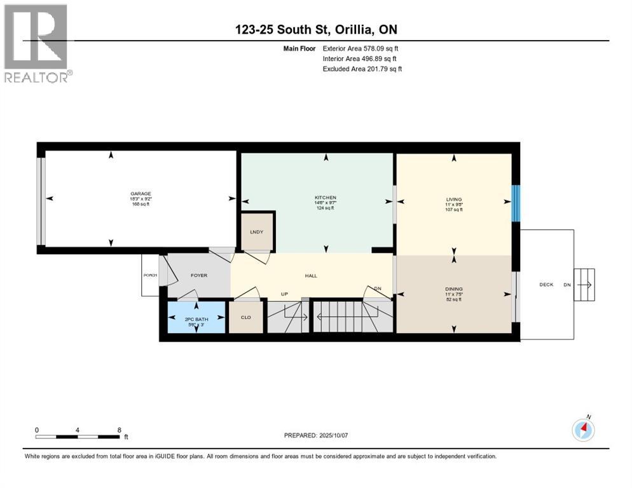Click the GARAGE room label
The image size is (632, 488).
point(141,194)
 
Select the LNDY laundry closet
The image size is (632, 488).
point(258,232)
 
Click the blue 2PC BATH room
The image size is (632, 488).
point(196,318)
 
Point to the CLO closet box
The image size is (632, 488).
point(245,316)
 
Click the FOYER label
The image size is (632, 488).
point(199,276)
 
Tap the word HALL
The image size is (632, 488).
point(311,276)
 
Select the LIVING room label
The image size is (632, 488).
point(453,200)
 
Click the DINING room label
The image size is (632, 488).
point(453,289)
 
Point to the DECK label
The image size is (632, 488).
point(546,285)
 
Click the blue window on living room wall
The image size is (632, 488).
point(516,203)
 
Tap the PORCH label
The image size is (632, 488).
point(149,275)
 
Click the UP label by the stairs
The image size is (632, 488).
point(285,294)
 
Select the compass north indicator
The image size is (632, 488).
point(583,430)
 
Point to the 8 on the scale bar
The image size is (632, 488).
point(119,430)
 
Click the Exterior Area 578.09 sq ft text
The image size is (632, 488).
point(361,48)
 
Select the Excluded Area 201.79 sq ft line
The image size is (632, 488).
point(362,69)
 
